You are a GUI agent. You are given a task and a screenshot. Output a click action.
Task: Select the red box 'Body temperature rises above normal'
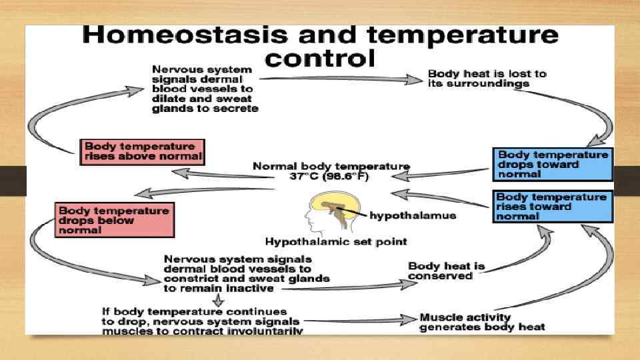141,151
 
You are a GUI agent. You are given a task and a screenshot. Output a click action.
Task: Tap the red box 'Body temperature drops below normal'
115,220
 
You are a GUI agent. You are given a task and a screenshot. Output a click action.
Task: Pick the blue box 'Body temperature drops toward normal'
553,164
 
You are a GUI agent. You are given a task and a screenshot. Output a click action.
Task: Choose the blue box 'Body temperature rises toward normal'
552,206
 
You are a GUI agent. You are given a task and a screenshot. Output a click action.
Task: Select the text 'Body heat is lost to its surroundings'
486,79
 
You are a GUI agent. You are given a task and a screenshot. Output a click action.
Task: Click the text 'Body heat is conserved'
446,271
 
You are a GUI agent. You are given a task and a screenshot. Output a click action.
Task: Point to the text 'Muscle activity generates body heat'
482,321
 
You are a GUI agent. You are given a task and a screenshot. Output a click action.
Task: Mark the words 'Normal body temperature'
331,166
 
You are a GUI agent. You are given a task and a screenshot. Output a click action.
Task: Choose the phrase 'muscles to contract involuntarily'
202,330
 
